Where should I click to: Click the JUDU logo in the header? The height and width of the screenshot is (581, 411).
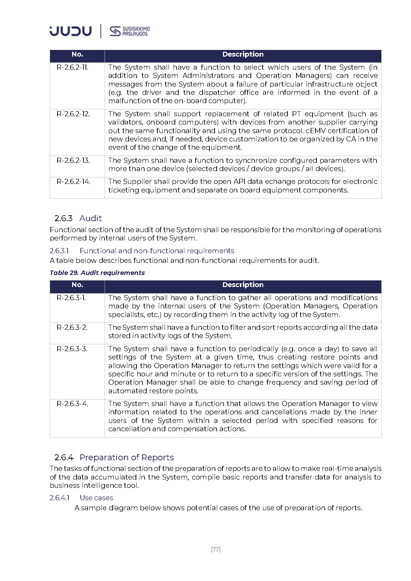click(70, 31)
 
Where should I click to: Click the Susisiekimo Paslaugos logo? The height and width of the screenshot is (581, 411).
click(130, 31)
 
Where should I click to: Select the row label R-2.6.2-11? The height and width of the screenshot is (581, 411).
click(72, 67)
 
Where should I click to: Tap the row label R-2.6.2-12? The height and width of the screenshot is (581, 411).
click(73, 114)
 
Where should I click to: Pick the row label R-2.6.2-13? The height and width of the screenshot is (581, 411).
click(73, 160)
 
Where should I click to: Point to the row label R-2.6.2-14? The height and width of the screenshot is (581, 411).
click(74, 181)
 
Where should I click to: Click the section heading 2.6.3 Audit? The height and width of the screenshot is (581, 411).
click(78, 218)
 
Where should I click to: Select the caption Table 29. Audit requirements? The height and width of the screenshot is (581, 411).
click(97, 273)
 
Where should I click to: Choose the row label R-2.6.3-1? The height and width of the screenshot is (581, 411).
click(71, 298)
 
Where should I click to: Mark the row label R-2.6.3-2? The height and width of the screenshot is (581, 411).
click(72, 327)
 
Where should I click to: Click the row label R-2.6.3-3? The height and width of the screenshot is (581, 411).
click(72, 349)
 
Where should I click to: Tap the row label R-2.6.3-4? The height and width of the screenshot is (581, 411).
click(72, 404)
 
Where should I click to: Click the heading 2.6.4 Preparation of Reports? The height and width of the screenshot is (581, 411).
click(114, 457)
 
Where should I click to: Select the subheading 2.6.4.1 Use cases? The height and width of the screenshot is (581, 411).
click(81, 498)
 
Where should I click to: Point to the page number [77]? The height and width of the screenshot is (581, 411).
click(216, 549)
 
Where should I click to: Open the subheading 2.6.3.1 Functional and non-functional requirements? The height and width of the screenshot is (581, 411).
click(142, 251)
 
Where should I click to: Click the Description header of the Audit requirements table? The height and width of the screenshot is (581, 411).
click(243, 285)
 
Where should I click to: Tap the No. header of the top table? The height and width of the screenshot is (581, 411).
click(77, 54)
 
